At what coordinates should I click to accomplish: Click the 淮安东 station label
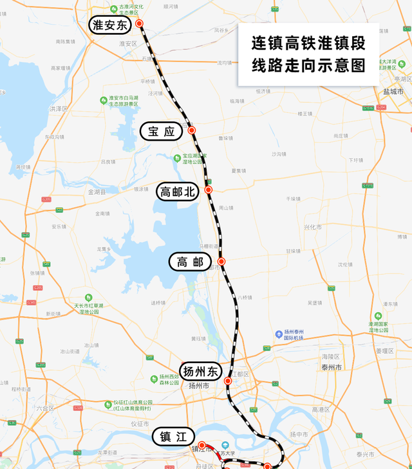coord(110,25)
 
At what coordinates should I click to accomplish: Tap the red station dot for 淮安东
coord(139,23)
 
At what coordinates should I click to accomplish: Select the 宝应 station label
coord(161,132)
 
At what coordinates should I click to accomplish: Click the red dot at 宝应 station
coord(191,130)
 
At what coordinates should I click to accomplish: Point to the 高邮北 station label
coord(176,192)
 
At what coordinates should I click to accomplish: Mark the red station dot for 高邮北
coord(208,190)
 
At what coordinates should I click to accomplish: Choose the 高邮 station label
coord(190,262)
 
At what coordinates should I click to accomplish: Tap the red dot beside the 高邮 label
coord(221,261)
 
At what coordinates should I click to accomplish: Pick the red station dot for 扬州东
coord(227,381)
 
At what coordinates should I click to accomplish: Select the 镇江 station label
coord(172,437)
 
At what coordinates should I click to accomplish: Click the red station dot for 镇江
coord(201,444)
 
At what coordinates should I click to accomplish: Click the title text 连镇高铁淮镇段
coord(308,44)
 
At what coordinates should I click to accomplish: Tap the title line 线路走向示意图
coord(308,66)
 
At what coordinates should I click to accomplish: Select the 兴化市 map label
coord(312,227)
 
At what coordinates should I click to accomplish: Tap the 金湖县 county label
coord(97,192)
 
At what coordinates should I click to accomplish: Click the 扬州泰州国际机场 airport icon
coord(278,334)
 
